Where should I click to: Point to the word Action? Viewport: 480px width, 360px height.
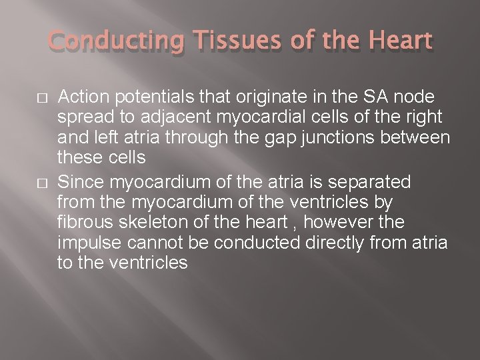tap(81, 98)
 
